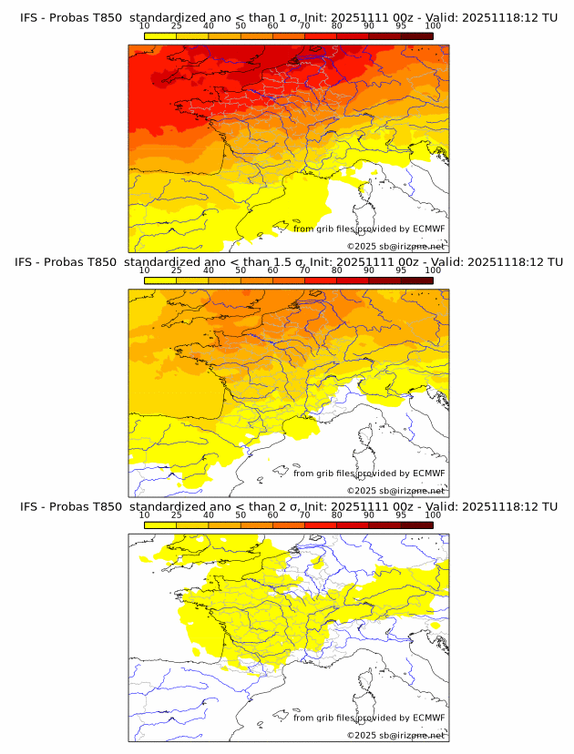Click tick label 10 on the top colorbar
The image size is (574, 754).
[x=145, y=27]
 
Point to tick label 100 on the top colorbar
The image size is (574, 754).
[x=433, y=27]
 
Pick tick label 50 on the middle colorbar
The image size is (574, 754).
[x=241, y=270]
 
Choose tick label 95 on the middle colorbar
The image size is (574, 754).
[x=401, y=270]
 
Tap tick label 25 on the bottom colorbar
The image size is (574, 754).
[x=177, y=515]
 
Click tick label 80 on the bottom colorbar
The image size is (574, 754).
[x=337, y=515]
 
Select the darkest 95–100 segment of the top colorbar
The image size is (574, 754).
[x=416, y=36]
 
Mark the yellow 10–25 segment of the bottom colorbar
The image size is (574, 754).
[x=160, y=525]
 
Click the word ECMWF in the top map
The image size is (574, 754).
[x=428, y=229]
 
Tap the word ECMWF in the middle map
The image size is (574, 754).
[x=428, y=474]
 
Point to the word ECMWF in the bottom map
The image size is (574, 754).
[x=428, y=718]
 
